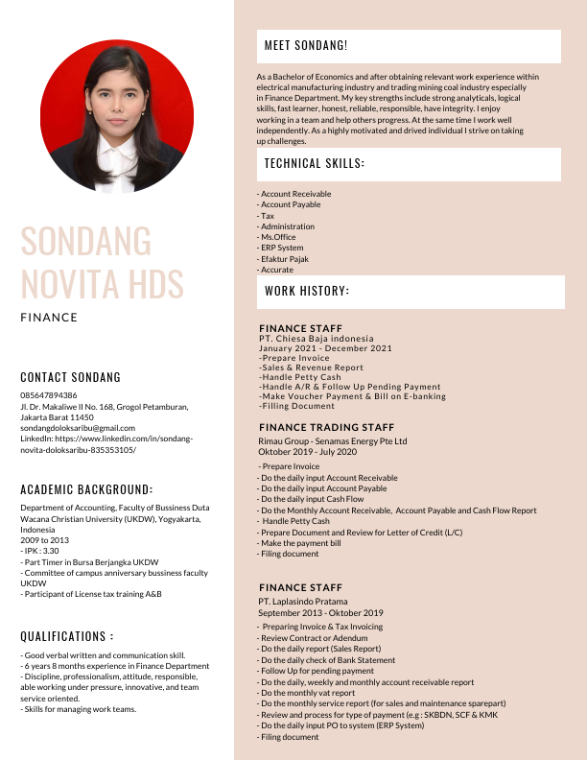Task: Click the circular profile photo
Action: coord(117,115)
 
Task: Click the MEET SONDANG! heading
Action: coord(306,46)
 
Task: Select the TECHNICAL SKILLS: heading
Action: coord(314,164)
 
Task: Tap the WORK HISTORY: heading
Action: coord(307,291)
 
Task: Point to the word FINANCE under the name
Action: coord(49,317)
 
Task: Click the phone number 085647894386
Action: coord(49,395)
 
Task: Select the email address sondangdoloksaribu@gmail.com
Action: coord(78,428)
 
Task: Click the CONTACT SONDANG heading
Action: coord(71,377)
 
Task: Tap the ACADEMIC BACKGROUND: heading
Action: coord(86,488)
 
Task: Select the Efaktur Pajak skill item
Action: coord(284,259)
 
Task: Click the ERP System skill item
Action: coord(282,249)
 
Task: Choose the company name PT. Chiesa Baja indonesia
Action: coord(317,339)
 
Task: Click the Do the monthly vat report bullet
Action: coord(308,693)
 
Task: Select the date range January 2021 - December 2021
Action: coord(325,348)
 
